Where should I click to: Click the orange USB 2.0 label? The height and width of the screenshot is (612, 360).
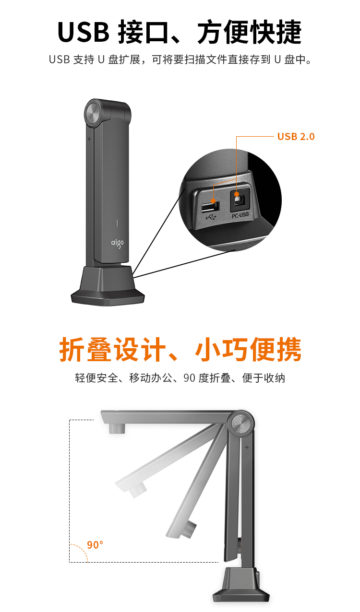296,136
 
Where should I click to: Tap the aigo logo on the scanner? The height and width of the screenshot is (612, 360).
117,243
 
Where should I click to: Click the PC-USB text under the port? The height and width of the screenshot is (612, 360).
240,215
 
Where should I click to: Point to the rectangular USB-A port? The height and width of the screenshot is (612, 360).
210,207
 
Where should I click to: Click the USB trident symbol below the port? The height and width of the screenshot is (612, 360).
211,217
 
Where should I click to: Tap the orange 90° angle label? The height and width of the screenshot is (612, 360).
95,544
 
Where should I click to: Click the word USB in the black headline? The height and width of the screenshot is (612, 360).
84,32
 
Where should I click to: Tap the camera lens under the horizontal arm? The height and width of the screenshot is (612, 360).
117,428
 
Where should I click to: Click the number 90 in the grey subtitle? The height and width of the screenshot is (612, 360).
189,378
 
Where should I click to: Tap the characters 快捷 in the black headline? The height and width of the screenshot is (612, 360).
276,32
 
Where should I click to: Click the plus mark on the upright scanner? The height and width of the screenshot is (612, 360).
89,139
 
